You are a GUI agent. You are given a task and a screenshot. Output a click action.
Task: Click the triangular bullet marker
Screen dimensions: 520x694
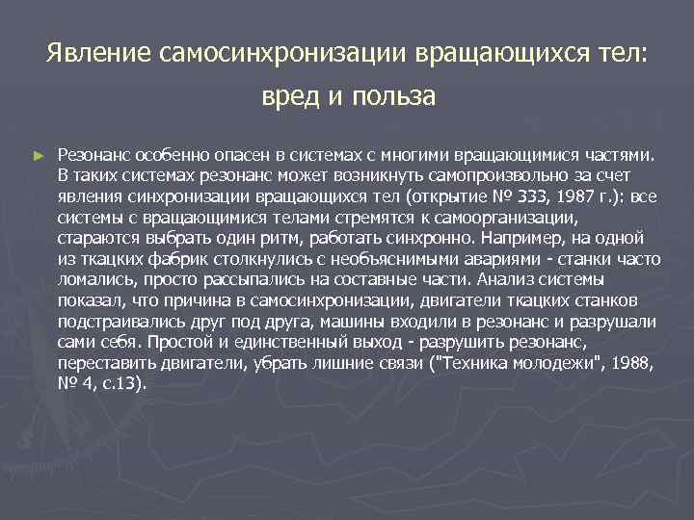coord(39,154)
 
